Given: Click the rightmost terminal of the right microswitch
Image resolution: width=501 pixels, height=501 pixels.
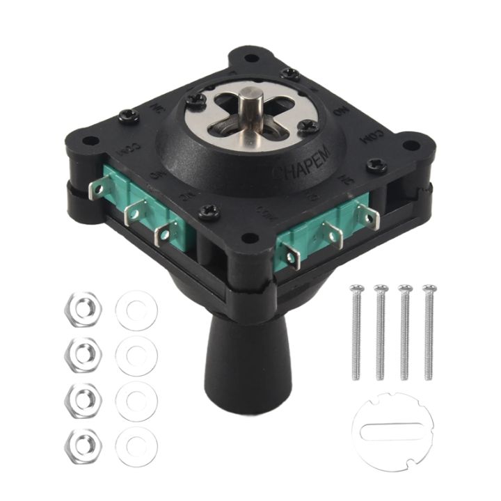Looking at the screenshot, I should click(368, 215).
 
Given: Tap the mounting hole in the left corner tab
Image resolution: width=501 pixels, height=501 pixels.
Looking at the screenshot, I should click(88, 142).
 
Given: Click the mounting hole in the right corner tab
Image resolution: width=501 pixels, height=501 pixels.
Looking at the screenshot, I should click(411, 145).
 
